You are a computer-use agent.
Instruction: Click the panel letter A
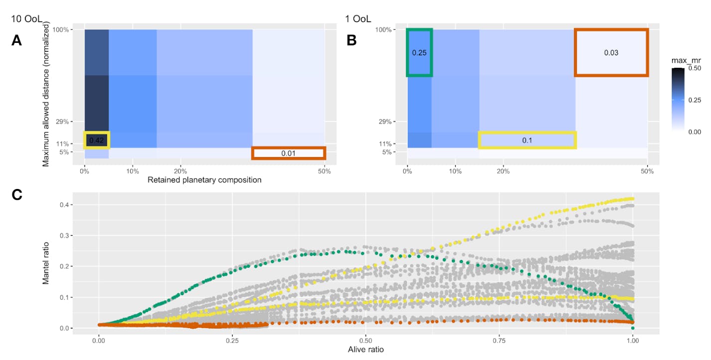pyautogui.click(x=16, y=41)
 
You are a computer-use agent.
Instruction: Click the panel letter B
pyautogui.click(x=352, y=41)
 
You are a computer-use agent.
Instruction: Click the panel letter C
pyautogui.click(x=16, y=195)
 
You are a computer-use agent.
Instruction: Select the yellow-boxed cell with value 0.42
pyautogui.click(x=97, y=140)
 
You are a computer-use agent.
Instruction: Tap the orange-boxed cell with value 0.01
pyautogui.click(x=289, y=153)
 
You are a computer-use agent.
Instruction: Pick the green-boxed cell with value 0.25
pyautogui.click(x=419, y=52)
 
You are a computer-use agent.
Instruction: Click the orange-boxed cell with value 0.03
pyautogui.click(x=611, y=52)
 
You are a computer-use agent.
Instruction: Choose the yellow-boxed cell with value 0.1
pyautogui.click(x=527, y=140)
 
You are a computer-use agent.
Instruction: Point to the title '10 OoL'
pyautogui.click(x=27, y=19)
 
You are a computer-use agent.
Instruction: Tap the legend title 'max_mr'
pyautogui.click(x=686, y=60)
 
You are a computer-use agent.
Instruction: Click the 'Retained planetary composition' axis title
pyautogui.click(x=204, y=180)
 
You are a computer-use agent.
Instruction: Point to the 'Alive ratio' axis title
pyautogui.click(x=365, y=350)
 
